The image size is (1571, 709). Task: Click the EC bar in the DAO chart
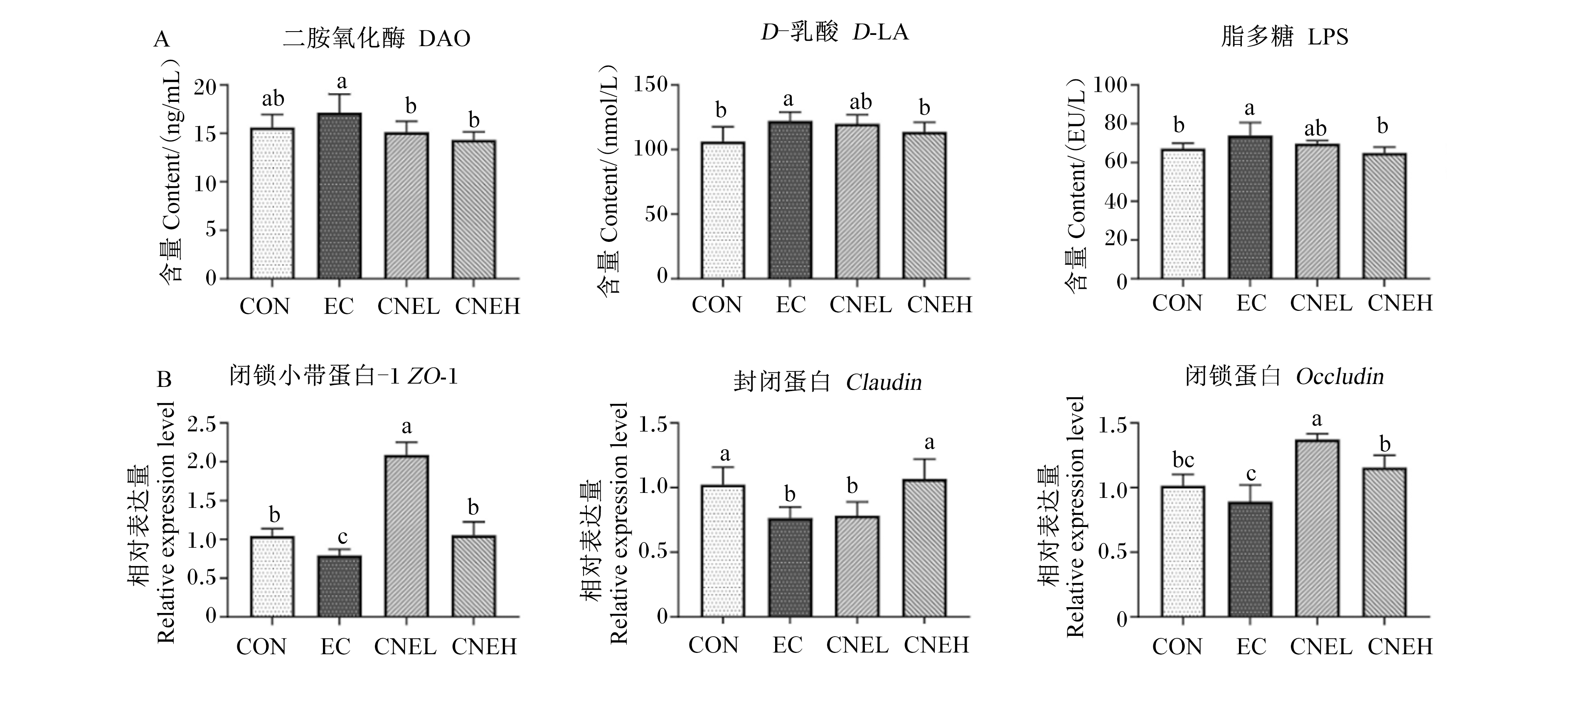pyautogui.click(x=340, y=196)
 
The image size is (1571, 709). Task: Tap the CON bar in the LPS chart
pyautogui.click(x=1182, y=214)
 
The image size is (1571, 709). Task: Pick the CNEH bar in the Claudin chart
pyautogui.click(x=925, y=548)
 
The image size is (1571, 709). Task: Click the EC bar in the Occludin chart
pyautogui.click(x=1250, y=560)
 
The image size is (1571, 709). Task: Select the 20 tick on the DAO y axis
pyautogui.click(x=206, y=86)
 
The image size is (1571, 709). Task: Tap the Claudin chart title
pyautogui.click(x=827, y=382)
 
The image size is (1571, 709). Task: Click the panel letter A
pyautogui.click(x=162, y=39)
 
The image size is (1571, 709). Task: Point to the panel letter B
pyautogui.click(x=164, y=380)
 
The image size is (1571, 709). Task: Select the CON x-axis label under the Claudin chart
pyautogui.click(x=714, y=645)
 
